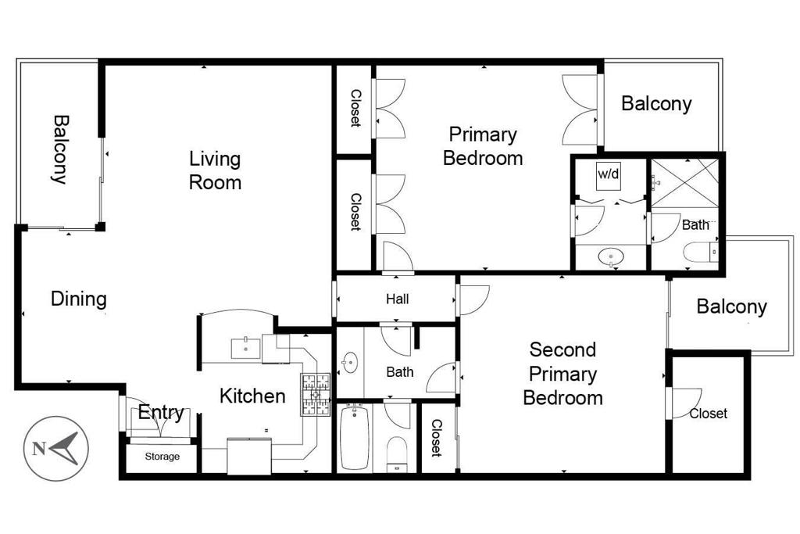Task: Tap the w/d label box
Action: tap(609, 174)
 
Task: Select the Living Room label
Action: tap(215, 170)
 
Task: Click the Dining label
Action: tap(78, 299)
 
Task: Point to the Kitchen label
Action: tap(252, 396)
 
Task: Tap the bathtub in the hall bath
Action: tap(355, 437)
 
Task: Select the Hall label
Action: tap(397, 299)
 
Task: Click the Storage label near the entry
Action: tap(162, 457)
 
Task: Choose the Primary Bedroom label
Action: tap(482, 146)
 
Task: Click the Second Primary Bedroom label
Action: tap(562, 373)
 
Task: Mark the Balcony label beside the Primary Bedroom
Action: tap(656, 104)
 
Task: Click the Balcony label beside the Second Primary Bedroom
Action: tap(731, 306)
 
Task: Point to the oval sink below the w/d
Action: tap(609, 256)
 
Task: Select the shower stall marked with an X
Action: tap(685, 182)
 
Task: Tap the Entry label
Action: tap(161, 413)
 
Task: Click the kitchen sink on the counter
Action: tap(247, 348)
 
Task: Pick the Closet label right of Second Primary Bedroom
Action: tap(708, 414)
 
